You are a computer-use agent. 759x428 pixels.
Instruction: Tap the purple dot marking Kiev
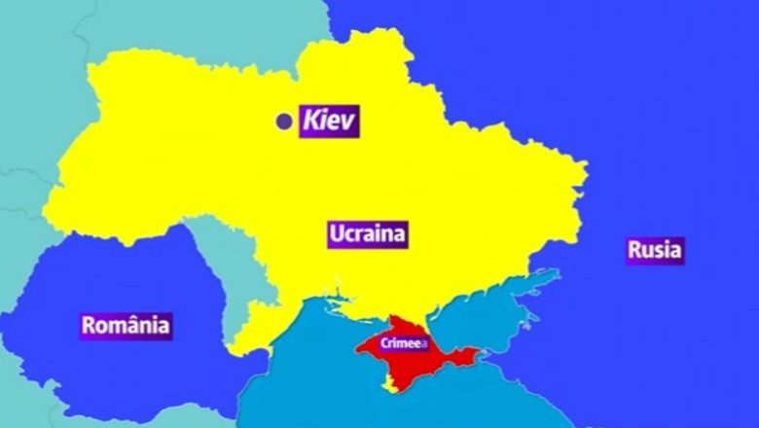coord(284,122)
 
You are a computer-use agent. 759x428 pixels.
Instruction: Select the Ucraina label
coord(368,233)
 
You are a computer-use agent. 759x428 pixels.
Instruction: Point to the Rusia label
coord(655,250)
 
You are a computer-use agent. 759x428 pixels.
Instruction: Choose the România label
coord(126,325)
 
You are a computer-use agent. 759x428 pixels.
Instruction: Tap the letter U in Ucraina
coord(336,233)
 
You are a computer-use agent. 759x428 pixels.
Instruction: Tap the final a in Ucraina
coord(399,234)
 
